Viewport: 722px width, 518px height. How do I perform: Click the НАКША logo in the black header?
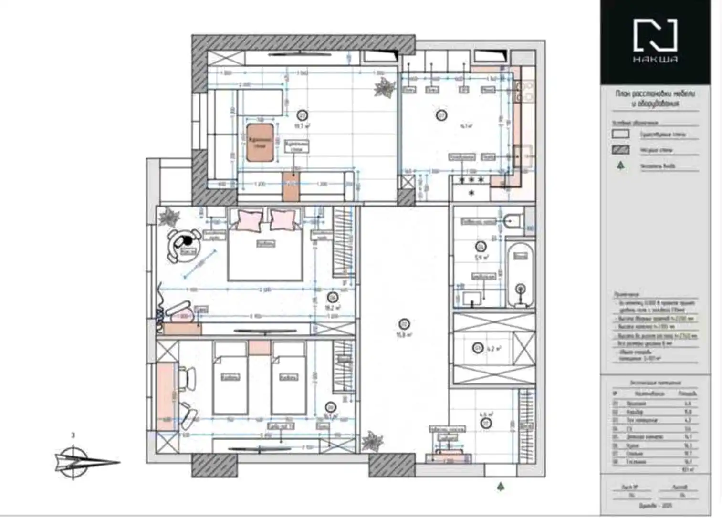click(x=655, y=41)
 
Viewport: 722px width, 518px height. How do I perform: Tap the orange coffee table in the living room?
click(x=260, y=142)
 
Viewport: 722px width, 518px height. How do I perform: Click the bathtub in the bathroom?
click(x=520, y=275)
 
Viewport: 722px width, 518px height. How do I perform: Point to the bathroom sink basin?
click(x=472, y=300)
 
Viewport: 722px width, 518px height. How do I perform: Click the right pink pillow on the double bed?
click(x=283, y=219)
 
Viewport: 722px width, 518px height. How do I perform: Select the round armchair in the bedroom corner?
click(x=182, y=245)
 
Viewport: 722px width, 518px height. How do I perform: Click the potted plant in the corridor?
click(x=372, y=442)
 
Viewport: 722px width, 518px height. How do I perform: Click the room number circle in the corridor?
click(x=405, y=324)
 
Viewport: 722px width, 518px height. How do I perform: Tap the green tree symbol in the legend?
click(x=620, y=166)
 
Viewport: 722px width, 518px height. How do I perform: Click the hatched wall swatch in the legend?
click(x=620, y=150)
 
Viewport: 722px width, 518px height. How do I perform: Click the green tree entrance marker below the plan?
click(x=501, y=486)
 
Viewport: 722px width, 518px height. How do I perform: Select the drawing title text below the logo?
click(x=655, y=98)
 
